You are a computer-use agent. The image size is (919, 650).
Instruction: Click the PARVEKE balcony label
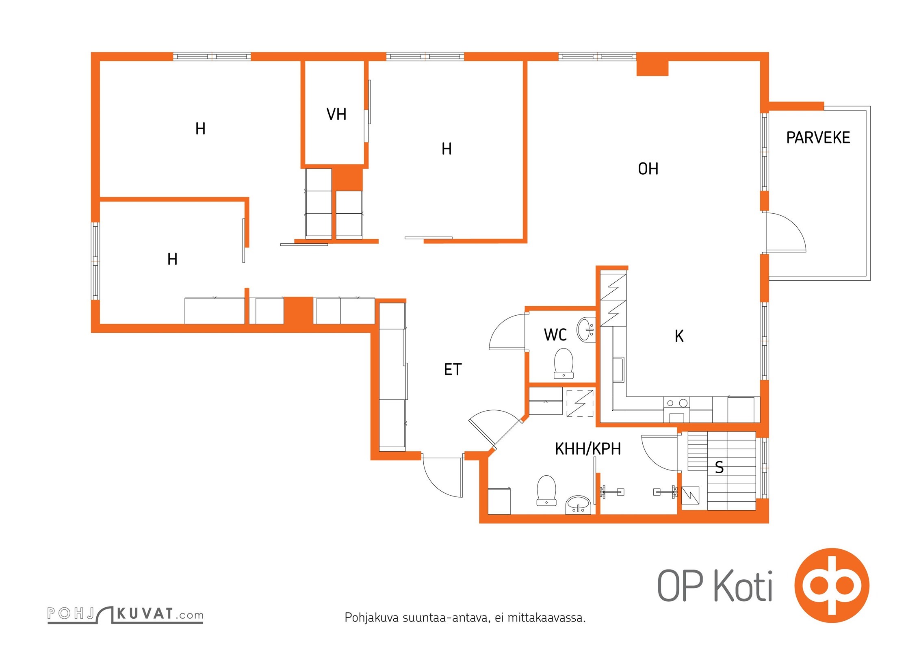(818, 138)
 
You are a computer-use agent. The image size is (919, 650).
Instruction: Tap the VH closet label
(336, 114)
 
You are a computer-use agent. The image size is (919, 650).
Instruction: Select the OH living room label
(648, 169)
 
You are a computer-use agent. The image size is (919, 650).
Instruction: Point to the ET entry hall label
(453, 369)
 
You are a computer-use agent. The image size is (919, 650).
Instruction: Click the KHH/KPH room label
(588, 449)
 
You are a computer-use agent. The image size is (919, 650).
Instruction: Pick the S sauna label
(719, 468)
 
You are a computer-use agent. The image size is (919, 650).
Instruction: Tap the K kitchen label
(679, 336)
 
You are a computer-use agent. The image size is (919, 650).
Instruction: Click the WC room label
(555, 335)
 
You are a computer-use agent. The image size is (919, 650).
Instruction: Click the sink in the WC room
(586, 329)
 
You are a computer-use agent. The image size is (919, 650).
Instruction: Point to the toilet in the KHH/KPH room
(546, 490)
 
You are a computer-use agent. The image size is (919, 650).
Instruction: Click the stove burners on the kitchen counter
(677, 403)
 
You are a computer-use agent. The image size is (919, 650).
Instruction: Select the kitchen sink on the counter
(618, 370)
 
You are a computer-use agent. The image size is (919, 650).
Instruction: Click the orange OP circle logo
(832, 585)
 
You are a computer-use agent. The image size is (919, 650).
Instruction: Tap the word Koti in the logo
(743, 586)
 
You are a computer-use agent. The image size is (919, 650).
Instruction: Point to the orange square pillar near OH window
(652, 68)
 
